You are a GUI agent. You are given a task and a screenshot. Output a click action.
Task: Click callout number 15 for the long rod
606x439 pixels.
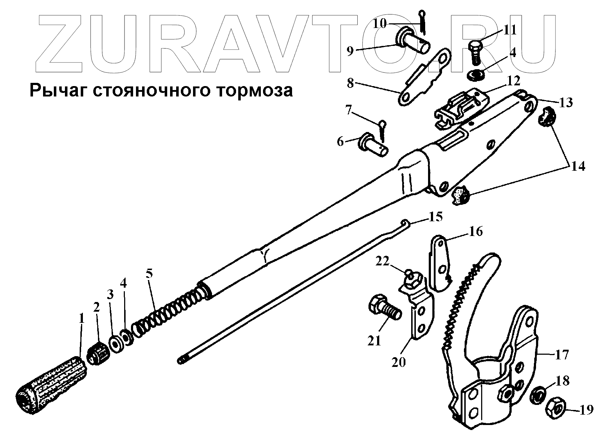click(436, 217)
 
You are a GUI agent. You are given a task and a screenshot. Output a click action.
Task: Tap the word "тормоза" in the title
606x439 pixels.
click(255, 90)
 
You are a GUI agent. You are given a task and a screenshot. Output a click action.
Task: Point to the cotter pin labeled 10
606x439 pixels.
click(423, 23)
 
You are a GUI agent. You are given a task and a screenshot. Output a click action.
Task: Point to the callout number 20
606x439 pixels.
click(399, 362)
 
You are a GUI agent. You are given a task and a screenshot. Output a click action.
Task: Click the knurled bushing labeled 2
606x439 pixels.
click(98, 351)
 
